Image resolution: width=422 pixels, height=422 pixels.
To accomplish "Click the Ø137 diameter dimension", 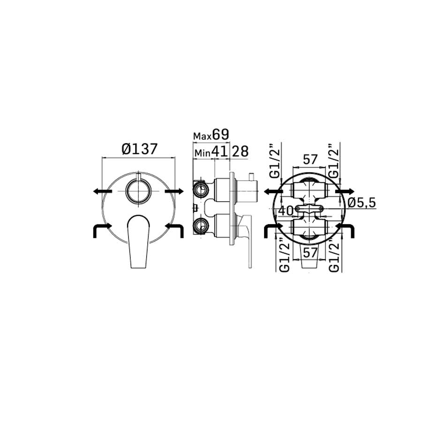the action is tap(139, 149).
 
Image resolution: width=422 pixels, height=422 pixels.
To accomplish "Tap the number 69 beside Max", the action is tap(220, 134).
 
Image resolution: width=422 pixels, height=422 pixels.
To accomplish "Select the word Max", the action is tap(203, 136).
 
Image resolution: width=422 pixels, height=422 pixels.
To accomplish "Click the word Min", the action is tap(202, 153).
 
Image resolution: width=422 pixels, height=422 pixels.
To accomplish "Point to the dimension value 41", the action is tap(219, 151).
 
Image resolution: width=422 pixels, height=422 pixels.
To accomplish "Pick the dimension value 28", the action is tap(240, 151).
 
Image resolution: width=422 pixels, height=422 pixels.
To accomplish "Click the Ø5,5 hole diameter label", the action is tap(362, 203).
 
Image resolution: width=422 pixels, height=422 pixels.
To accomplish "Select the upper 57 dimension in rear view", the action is tap(310, 159).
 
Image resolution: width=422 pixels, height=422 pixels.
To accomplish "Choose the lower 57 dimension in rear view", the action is tap(310, 253).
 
